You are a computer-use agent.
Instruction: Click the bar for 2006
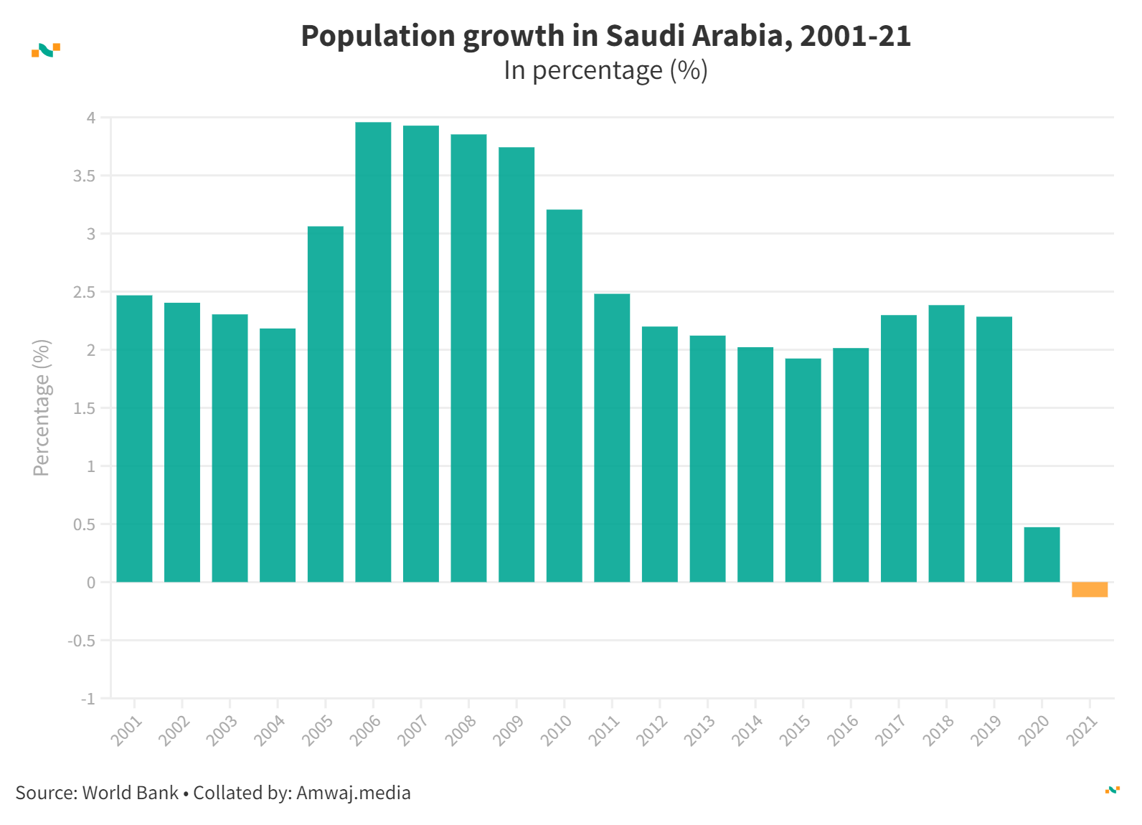[373, 352]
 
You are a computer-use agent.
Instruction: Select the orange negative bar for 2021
[1090, 590]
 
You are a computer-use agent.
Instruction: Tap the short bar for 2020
[1042, 555]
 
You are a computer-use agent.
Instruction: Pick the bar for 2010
[564, 395]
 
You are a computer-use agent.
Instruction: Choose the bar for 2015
[803, 470]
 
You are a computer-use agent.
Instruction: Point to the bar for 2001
[134, 438]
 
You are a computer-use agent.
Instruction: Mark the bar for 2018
[946, 443]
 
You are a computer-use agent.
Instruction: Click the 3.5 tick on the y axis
[84, 176]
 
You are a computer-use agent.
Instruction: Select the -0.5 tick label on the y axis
[82, 641]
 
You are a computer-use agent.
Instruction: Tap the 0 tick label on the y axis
[90, 583]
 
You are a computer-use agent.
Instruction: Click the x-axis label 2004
[270, 731]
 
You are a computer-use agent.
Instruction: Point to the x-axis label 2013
[699, 731]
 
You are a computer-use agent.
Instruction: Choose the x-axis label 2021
[1082, 731]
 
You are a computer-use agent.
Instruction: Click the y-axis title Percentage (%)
[42, 407]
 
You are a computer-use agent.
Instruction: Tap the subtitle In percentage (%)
[605, 70]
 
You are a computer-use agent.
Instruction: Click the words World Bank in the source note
[131, 793]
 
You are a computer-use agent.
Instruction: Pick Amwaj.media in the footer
[353, 793]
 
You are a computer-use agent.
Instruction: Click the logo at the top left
[46, 50]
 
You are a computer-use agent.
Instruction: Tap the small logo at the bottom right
[1112, 790]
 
